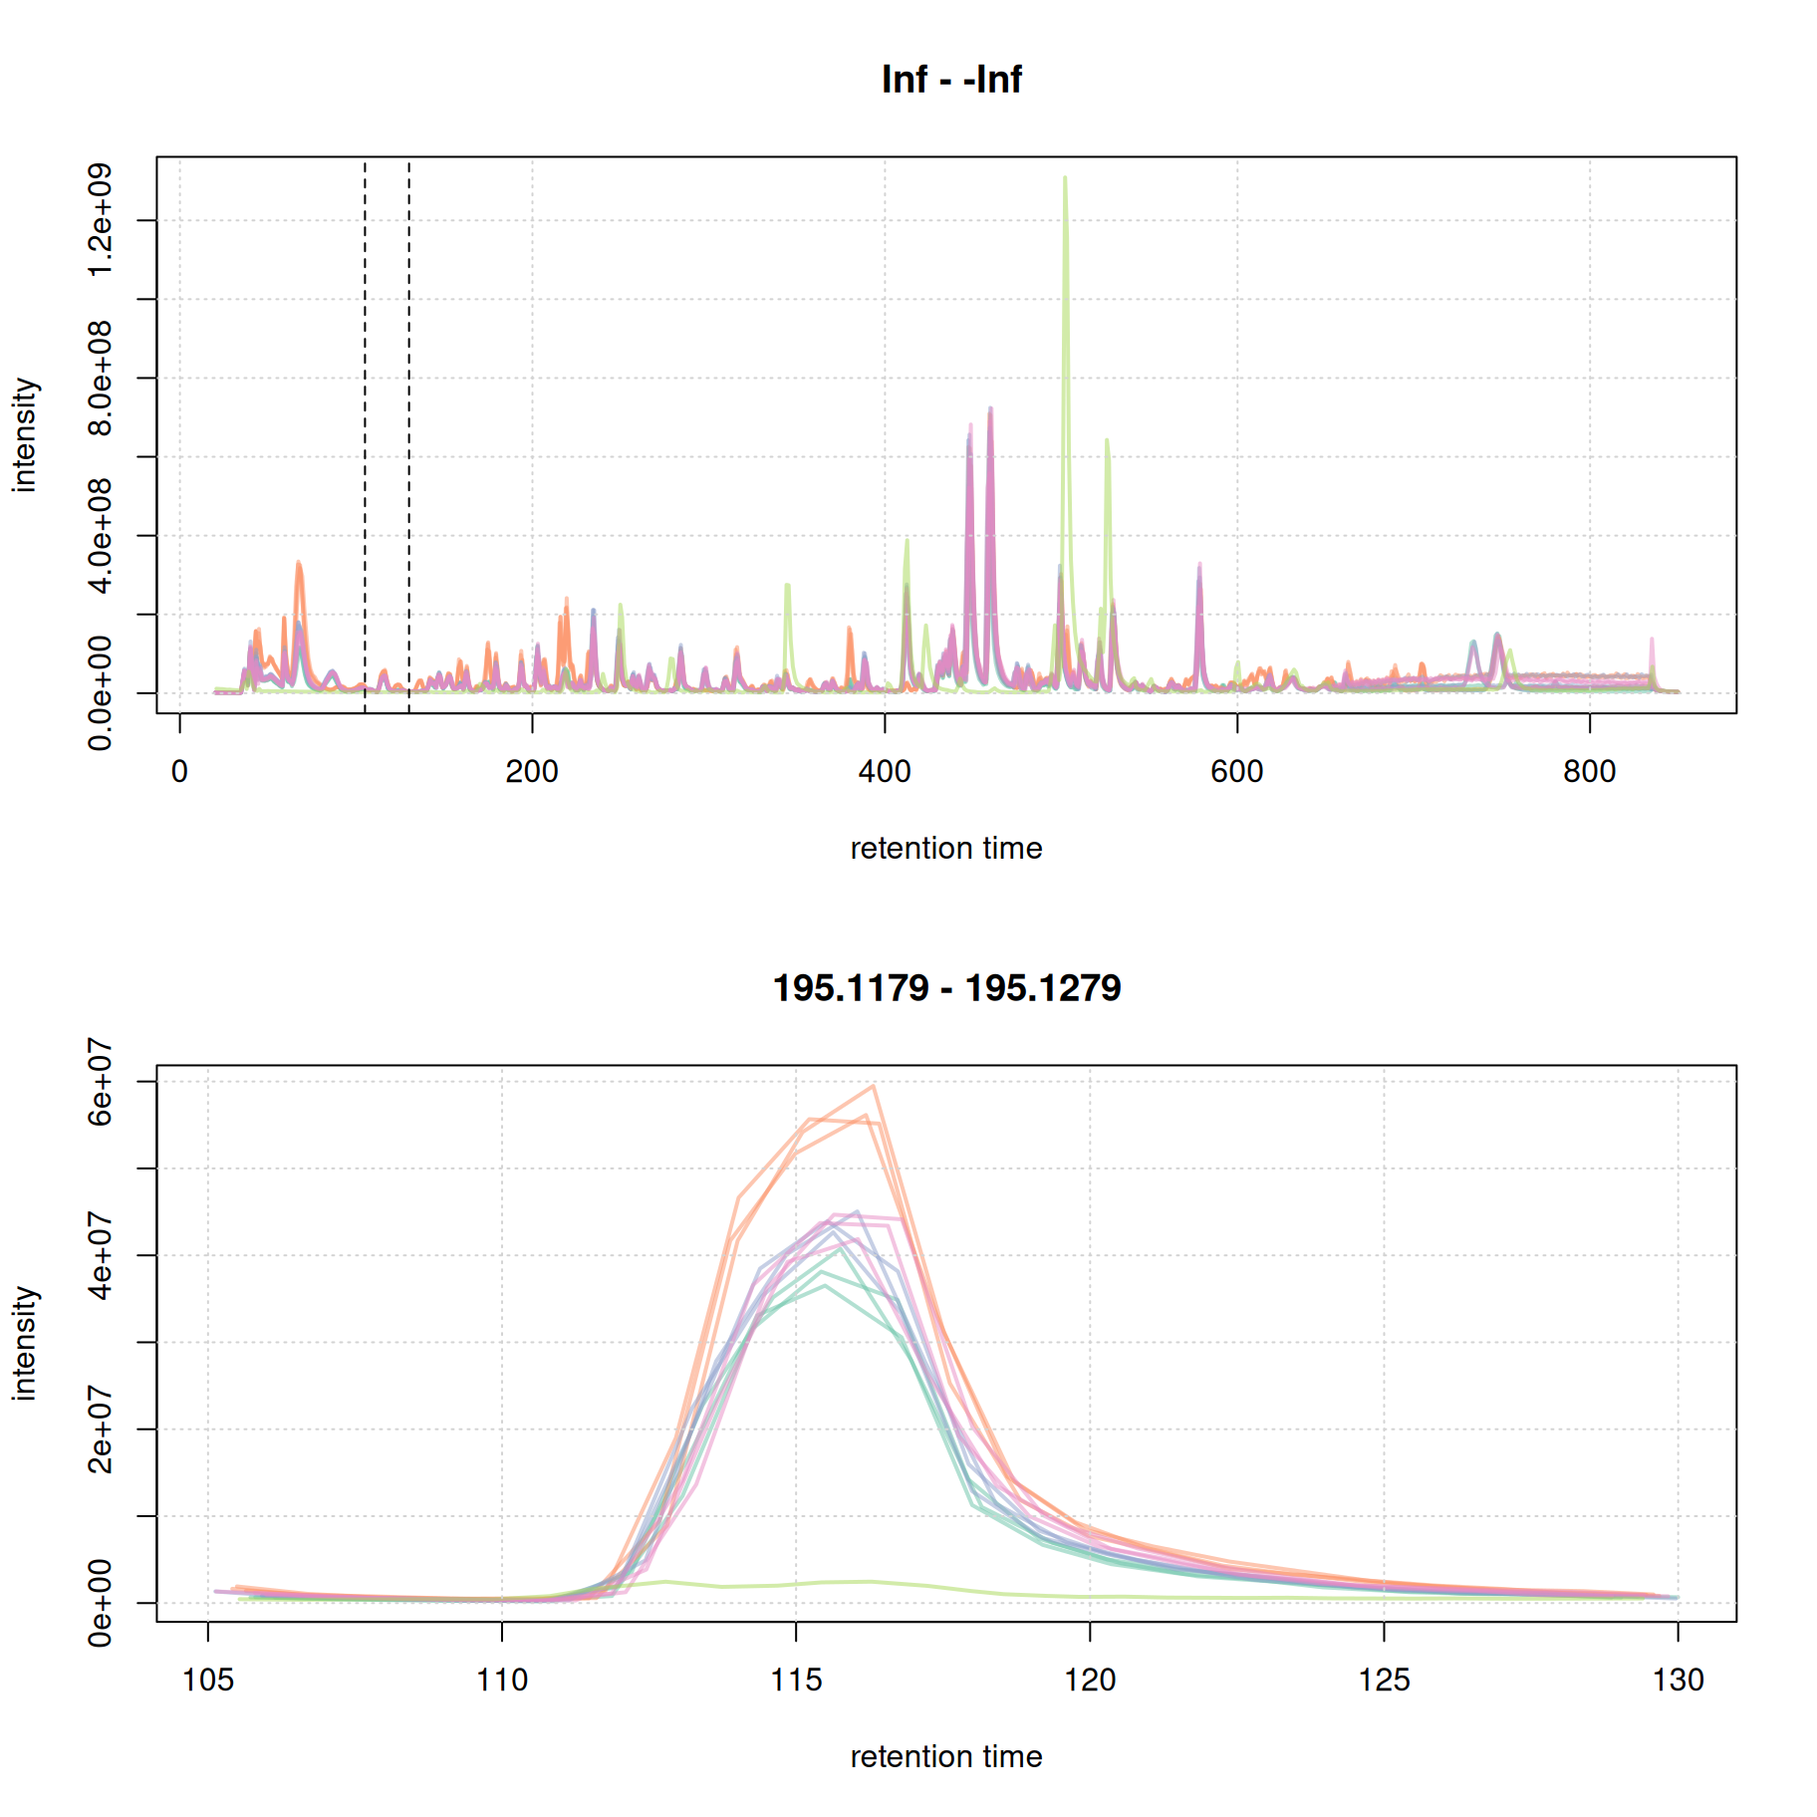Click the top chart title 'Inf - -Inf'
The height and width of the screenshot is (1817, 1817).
(x=950, y=80)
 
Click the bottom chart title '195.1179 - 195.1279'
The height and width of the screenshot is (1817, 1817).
(x=946, y=988)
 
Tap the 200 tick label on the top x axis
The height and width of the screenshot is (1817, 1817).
(x=531, y=771)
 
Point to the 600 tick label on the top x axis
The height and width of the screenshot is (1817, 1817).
(x=1236, y=771)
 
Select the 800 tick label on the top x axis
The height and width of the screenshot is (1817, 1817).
(x=1589, y=771)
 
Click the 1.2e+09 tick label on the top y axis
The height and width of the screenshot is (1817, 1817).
(x=100, y=220)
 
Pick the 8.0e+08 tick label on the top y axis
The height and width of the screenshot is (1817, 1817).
(x=100, y=379)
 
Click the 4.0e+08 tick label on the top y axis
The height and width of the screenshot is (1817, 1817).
(x=100, y=536)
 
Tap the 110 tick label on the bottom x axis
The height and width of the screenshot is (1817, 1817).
(x=501, y=1680)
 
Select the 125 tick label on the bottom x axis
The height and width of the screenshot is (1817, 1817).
(x=1384, y=1680)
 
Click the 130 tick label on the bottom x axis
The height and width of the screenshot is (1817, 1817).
(x=1678, y=1680)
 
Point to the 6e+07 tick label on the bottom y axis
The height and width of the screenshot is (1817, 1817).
(x=100, y=1082)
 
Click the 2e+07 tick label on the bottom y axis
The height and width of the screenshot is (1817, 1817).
(x=100, y=1429)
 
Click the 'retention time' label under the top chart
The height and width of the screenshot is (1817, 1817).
(x=946, y=848)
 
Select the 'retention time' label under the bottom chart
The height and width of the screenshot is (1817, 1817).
(x=946, y=1756)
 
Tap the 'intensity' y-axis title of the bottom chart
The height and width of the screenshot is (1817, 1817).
(x=24, y=1343)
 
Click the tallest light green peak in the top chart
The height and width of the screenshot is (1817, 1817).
(x=1065, y=179)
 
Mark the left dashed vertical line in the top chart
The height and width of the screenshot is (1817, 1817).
(x=365, y=398)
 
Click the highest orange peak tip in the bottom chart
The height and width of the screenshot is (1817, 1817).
(x=873, y=1086)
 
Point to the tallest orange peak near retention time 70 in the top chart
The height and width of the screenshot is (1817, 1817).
(x=298, y=564)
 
